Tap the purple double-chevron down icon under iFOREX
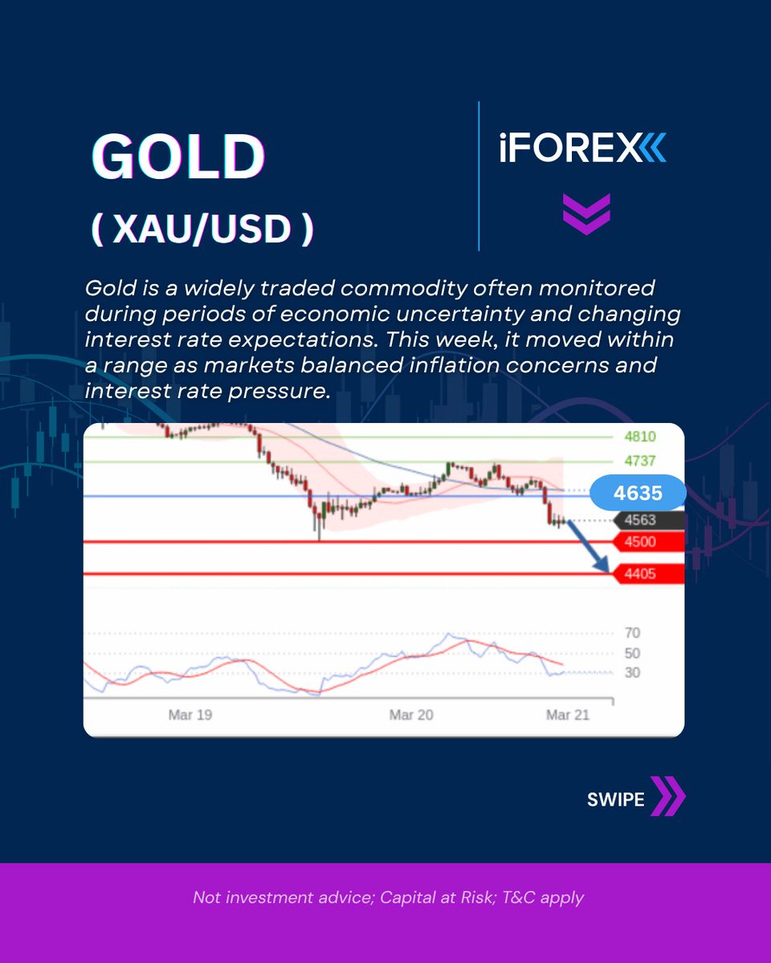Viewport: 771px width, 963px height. (585, 213)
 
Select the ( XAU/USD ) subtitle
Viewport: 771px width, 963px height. (202, 230)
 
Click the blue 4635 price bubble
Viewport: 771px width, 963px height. (638, 494)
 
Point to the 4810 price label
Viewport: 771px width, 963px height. (640, 437)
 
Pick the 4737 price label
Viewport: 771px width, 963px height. (640, 461)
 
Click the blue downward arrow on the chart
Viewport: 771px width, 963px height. (586, 546)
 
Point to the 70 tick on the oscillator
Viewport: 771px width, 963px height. (632, 632)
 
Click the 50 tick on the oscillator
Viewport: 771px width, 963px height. (632, 652)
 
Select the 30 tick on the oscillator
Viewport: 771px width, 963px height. (632, 672)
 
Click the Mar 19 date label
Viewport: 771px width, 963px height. (191, 714)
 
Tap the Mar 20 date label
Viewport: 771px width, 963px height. (412, 714)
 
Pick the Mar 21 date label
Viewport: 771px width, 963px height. (568, 714)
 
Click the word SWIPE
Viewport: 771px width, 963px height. (616, 799)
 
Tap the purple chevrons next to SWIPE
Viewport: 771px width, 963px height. (668, 796)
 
